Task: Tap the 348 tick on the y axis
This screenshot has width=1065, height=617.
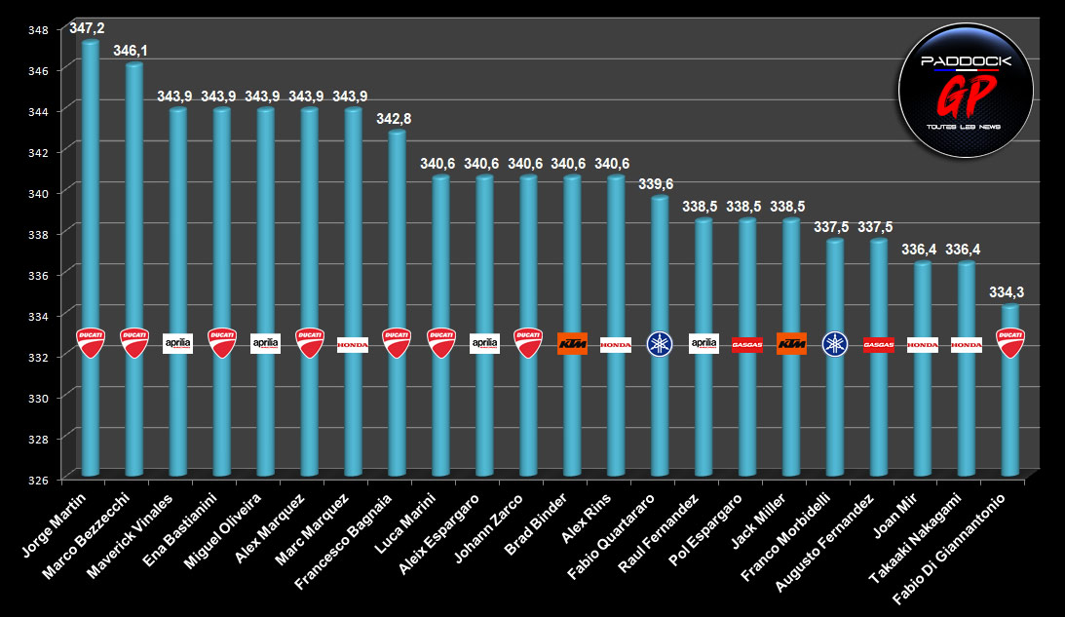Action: (36, 29)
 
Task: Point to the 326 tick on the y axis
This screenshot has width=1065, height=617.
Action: (36, 479)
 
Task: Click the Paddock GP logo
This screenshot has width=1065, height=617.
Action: (966, 89)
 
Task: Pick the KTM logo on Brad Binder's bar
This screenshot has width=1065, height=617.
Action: (572, 343)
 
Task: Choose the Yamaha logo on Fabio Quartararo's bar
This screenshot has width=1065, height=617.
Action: (660, 344)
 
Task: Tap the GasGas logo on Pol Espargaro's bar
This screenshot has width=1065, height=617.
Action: (747, 344)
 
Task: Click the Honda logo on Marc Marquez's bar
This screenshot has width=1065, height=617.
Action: (353, 344)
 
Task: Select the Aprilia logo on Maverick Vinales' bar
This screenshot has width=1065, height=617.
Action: (177, 343)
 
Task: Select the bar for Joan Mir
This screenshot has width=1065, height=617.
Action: (923, 409)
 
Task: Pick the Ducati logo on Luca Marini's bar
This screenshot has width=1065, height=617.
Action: (440, 343)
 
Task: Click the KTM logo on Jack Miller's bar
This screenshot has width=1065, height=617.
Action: (791, 343)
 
